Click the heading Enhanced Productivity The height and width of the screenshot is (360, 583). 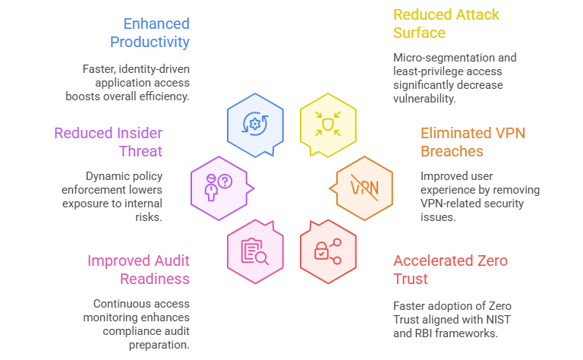(150, 32)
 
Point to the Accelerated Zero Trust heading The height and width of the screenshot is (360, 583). (451, 270)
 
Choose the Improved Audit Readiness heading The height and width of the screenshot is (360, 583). (138, 270)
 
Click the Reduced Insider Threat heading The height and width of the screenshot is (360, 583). (109, 142)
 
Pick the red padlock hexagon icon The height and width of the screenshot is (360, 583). (328, 250)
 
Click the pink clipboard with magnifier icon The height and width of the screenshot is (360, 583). (255, 250)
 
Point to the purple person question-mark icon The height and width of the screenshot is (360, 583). (219, 186)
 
